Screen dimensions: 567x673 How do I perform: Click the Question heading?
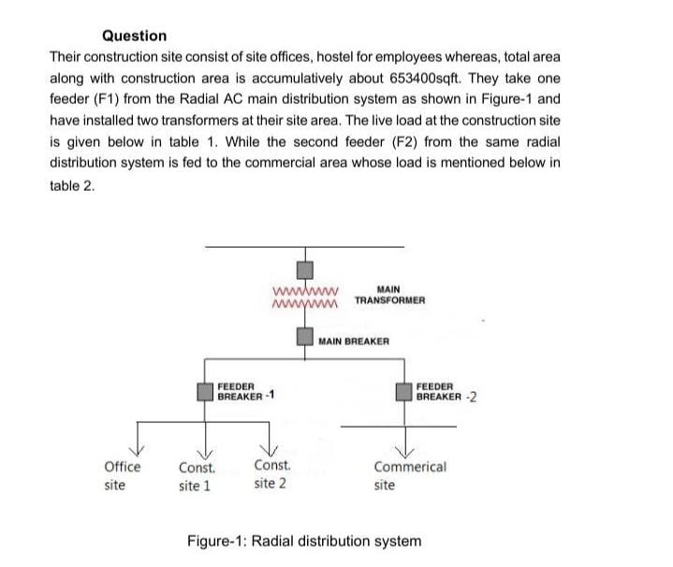(134, 36)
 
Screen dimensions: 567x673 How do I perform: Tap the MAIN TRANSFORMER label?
(390, 295)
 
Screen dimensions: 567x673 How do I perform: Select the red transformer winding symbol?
(305, 296)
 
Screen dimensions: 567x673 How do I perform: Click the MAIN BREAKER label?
(353, 342)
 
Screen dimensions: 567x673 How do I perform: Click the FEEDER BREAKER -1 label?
(245, 390)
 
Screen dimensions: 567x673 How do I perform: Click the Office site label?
(122, 475)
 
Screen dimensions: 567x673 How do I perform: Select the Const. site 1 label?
(196, 476)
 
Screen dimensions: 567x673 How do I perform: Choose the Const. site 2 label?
(271, 474)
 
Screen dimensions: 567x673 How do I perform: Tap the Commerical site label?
(409, 475)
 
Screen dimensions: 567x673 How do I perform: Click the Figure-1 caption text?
(304, 541)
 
